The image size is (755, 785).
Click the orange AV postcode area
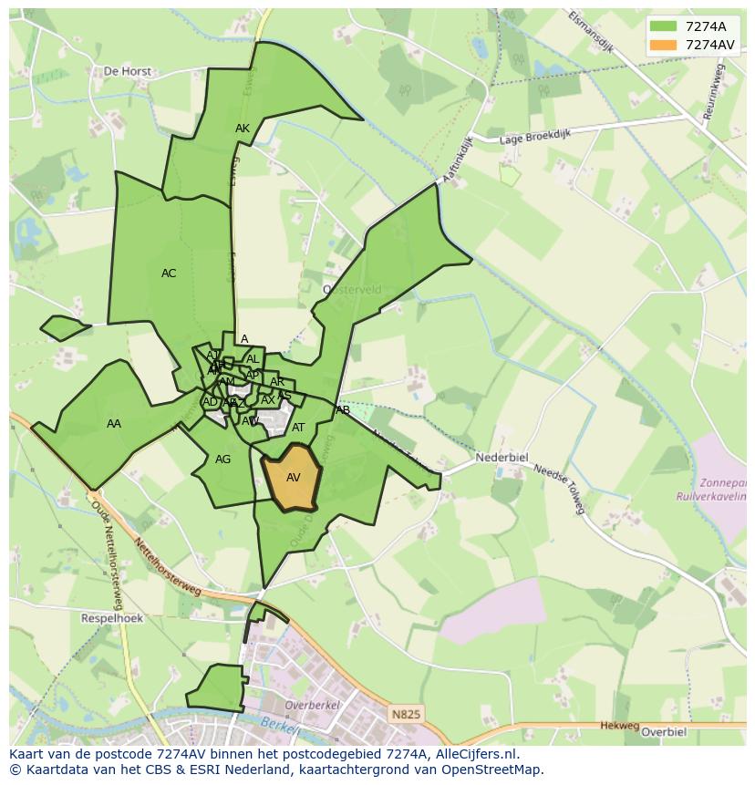point(292,477)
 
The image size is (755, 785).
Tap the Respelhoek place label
point(112,617)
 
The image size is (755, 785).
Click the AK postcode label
point(243,129)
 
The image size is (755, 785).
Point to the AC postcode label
point(169,274)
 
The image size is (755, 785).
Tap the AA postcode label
point(114,424)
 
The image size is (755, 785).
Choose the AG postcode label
point(222,460)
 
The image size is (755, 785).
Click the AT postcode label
point(298,428)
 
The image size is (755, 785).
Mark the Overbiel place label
point(663,731)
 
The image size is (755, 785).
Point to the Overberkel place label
point(312,705)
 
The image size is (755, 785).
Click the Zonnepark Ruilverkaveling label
point(712,491)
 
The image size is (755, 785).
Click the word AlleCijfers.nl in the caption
point(473,754)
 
